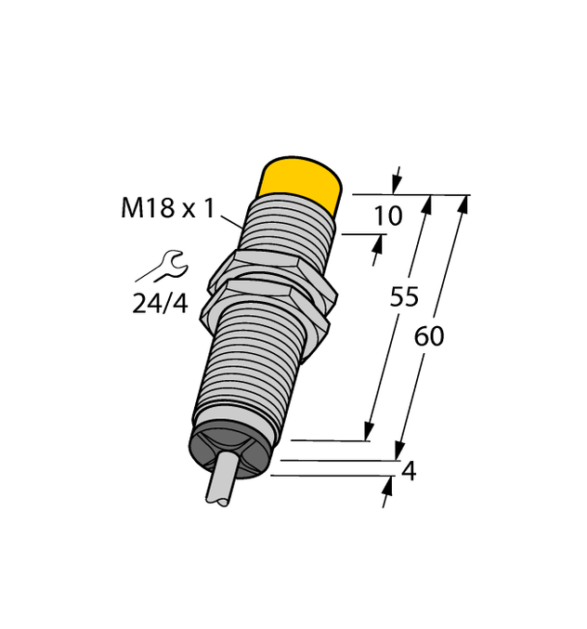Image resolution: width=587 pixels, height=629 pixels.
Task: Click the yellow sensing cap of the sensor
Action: (x=299, y=178)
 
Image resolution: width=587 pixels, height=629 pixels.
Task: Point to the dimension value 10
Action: (x=387, y=216)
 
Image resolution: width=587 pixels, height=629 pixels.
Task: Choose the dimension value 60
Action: (x=429, y=336)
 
